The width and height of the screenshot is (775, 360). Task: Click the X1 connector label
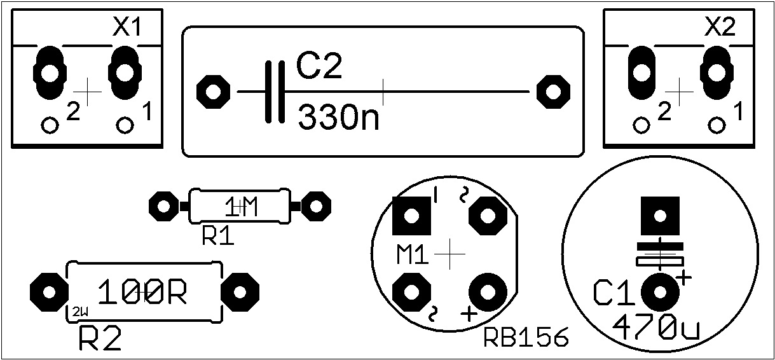tap(127, 27)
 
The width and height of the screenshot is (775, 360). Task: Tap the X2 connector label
tap(720, 27)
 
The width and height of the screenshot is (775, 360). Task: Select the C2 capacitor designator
tap(319, 67)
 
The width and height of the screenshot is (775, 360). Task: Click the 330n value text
tap(338, 117)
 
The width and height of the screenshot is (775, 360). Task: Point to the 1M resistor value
tap(241, 207)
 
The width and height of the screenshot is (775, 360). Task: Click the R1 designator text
tap(218, 237)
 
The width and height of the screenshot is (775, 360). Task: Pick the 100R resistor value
tap(142, 292)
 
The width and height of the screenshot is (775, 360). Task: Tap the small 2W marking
tap(80, 312)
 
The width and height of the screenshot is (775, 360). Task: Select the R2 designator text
tap(100, 338)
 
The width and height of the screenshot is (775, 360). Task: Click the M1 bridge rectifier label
tap(413, 255)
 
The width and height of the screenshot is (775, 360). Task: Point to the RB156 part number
tap(526, 337)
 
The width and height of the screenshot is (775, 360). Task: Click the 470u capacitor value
tap(656, 327)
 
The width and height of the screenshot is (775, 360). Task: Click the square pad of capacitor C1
tap(660, 216)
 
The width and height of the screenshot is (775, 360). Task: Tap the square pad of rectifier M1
tap(411, 216)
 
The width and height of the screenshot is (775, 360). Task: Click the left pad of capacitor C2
tap(213, 92)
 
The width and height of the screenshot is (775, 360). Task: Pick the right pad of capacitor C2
tap(553, 92)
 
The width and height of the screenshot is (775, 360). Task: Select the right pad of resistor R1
tap(316, 207)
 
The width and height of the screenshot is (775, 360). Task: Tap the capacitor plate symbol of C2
tap(275, 92)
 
